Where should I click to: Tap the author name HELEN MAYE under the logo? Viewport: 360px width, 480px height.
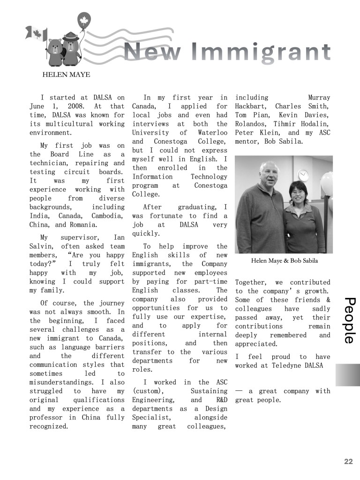(x=66, y=74)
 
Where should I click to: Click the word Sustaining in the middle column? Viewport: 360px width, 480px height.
(x=209, y=391)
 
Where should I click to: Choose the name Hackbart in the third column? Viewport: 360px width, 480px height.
(x=251, y=107)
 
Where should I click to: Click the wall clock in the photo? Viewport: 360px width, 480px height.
(x=303, y=175)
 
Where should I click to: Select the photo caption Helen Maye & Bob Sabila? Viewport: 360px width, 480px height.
(x=285, y=261)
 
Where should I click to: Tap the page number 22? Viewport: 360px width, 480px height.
(x=348, y=462)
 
